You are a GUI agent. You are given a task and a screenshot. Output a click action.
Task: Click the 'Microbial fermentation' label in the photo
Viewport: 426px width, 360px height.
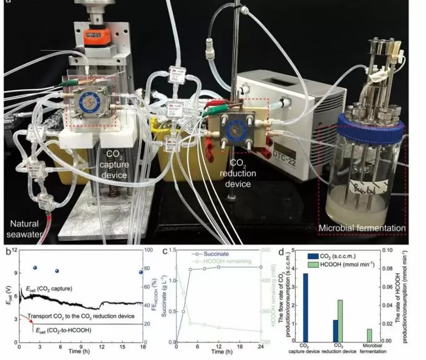tap(371, 228)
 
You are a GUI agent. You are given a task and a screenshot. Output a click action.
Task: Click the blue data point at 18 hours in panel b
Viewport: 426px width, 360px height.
tap(142, 272)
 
